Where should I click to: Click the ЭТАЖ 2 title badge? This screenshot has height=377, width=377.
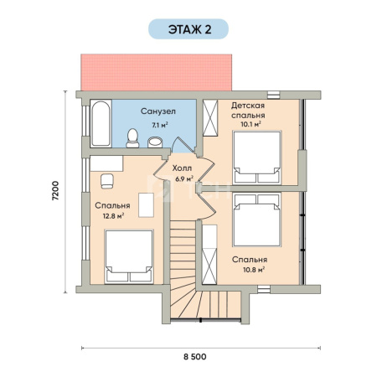coord(188,29)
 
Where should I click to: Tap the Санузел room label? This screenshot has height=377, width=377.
coord(158,111)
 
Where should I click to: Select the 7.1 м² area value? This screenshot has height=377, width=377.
coord(160,125)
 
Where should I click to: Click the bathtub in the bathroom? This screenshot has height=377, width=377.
coord(101,123)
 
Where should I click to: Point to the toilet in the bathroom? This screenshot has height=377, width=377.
coord(132,138)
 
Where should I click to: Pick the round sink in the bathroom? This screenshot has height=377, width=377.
coord(155,142)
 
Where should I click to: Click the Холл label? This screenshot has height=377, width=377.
coord(182,168)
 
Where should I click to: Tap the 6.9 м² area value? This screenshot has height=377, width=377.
coord(184,178)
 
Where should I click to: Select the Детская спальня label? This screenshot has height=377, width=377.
coord(248,111)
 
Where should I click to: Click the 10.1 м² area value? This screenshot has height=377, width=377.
coord(250,124)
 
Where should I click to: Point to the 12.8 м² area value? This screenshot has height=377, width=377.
coord(113,215)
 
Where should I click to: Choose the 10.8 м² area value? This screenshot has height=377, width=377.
coord(254,270)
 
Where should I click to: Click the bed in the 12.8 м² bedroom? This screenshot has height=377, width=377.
coord(129,256)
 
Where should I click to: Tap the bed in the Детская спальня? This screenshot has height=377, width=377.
coord(257,158)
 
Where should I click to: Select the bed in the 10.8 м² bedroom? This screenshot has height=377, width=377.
coord(257,219)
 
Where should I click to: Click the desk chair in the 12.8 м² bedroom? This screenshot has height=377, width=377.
coord(107,181)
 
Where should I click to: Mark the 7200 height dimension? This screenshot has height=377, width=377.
coord(56,191)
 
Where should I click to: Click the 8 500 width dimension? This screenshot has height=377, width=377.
coord(195,357)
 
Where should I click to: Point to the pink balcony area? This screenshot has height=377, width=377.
coord(157,72)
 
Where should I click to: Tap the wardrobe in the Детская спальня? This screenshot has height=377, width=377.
coord(210,118)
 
